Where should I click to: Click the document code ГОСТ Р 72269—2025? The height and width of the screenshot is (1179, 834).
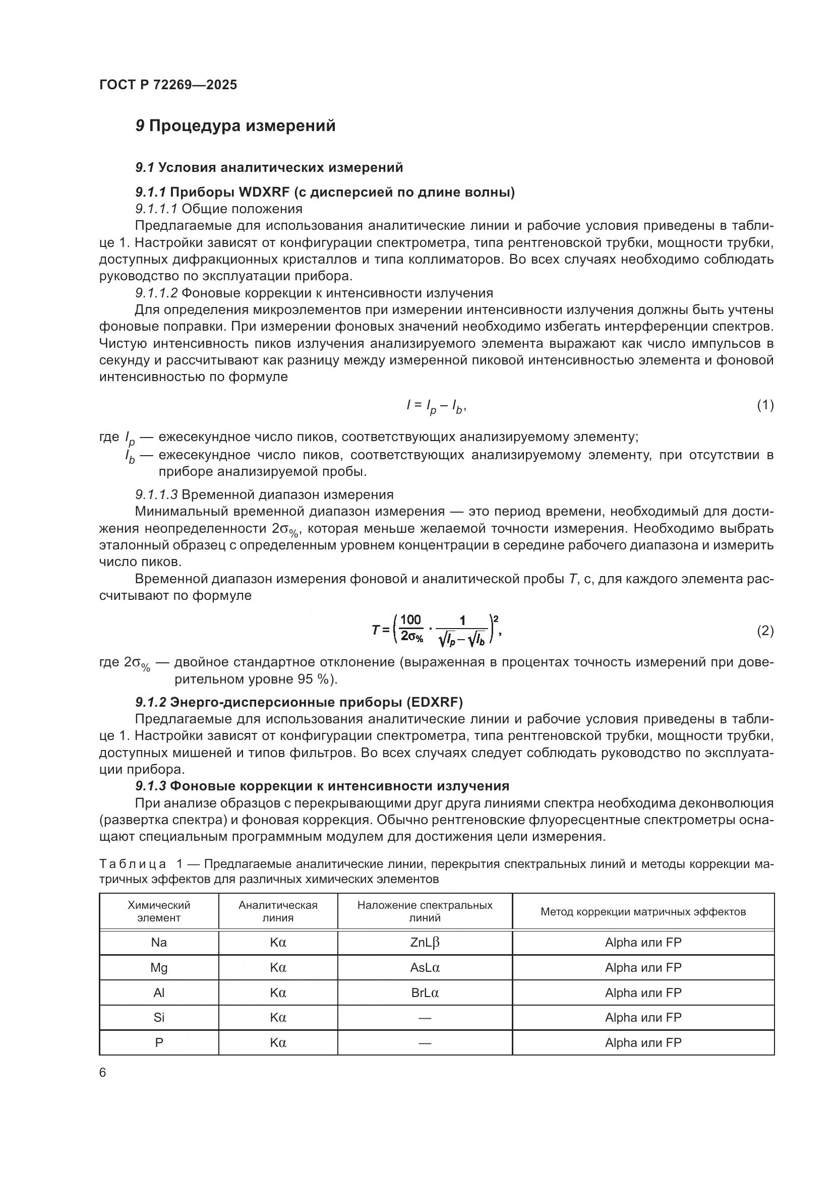tap(168, 85)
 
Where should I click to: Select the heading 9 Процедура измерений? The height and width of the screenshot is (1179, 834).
tap(235, 126)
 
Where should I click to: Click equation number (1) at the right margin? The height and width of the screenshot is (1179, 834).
tap(765, 405)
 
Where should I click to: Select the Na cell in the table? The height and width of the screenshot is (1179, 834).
tap(159, 942)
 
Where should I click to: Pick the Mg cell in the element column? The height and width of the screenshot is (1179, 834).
tap(159, 967)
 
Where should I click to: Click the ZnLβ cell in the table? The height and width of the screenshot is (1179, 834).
tap(425, 942)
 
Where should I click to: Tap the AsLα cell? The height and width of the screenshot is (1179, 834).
tap(425, 967)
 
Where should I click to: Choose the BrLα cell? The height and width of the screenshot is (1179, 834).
tap(425, 992)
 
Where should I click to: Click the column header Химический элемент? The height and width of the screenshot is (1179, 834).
tap(159, 911)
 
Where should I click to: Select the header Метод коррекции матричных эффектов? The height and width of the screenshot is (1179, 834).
tap(643, 911)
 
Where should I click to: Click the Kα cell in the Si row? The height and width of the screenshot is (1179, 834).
tap(278, 1017)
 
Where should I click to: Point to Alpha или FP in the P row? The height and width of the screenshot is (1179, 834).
tap(643, 1042)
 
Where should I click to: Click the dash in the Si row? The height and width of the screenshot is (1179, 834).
tap(425, 1018)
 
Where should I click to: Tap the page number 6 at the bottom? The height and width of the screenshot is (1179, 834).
tap(103, 1073)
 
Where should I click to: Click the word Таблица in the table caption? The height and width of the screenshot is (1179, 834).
tap(133, 864)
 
